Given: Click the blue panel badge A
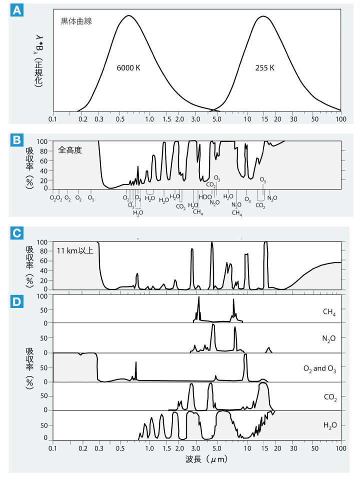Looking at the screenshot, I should [x=16, y=10].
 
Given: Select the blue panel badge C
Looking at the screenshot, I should [x=16, y=233].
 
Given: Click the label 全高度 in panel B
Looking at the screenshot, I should [x=69, y=149].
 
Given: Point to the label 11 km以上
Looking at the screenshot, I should [x=74, y=250].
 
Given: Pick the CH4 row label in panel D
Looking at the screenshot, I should [x=329, y=313].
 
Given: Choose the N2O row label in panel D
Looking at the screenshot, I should [x=328, y=339].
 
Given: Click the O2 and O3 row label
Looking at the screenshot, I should [x=319, y=369].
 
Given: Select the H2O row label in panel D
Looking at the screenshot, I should [x=329, y=425].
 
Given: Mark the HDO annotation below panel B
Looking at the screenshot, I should [x=205, y=196].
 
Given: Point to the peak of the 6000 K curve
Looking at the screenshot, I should [x=129, y=15].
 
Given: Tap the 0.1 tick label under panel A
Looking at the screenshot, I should [x=53, y=120].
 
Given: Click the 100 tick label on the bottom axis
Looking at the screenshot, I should [x=341, y=448].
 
